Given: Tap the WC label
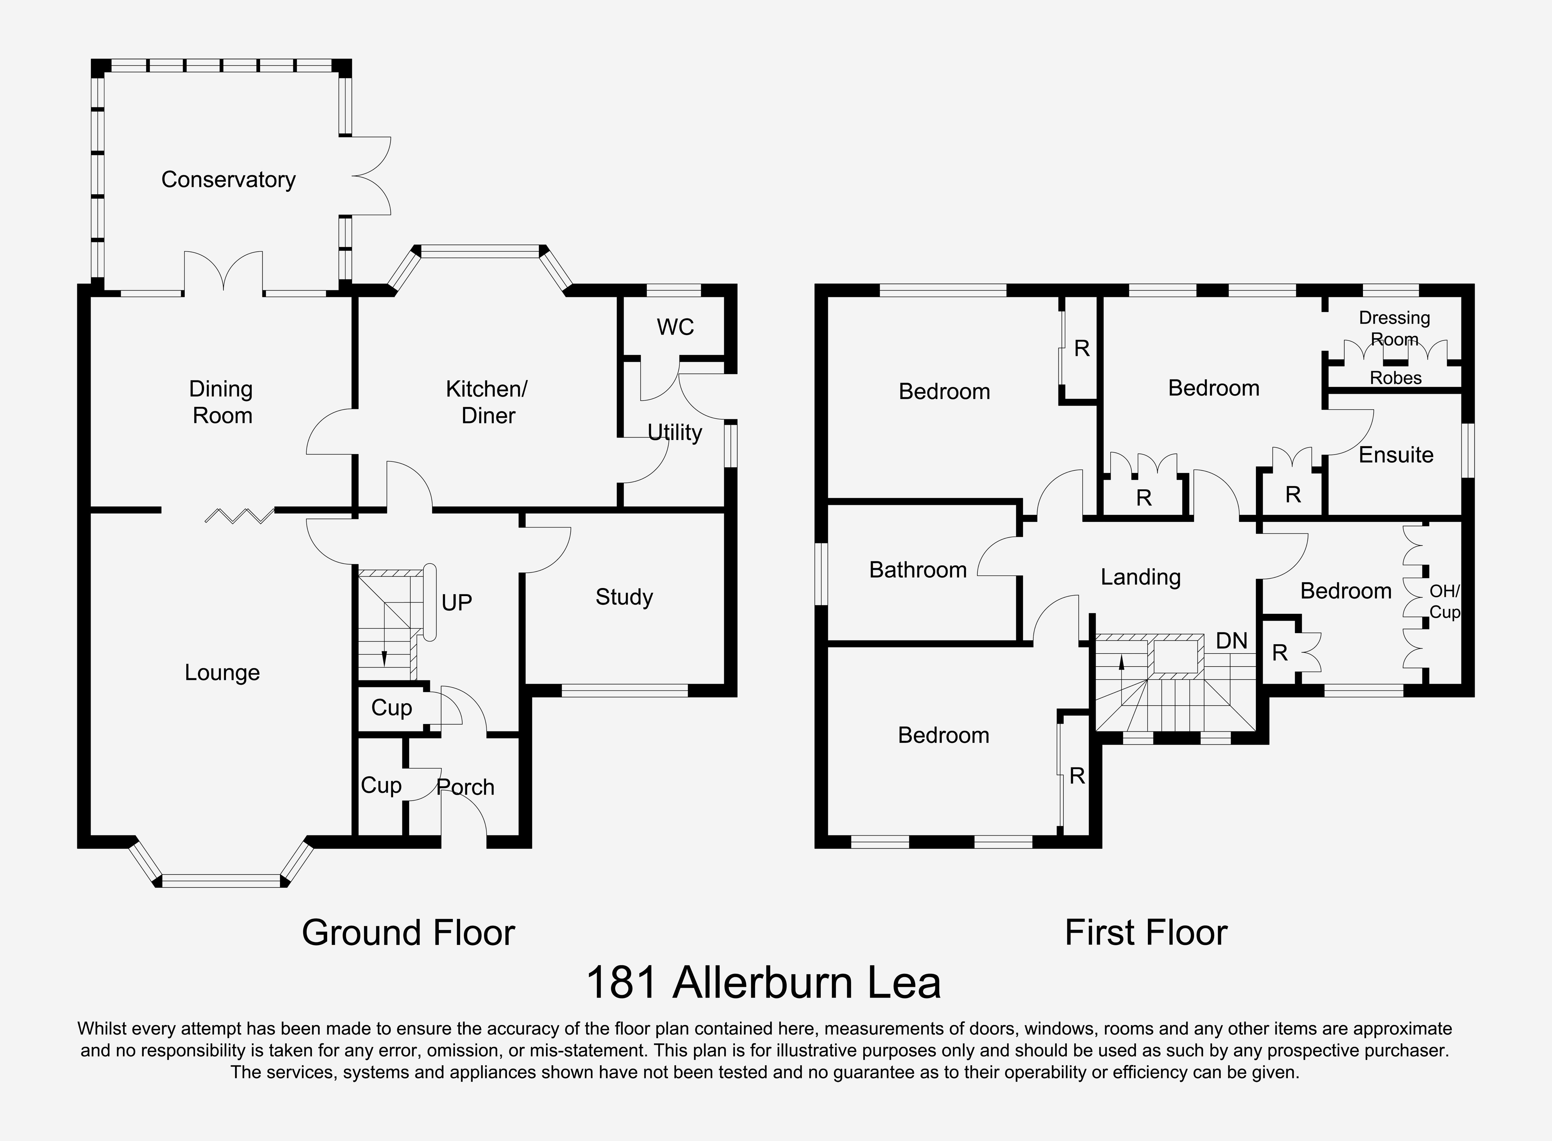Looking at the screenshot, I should (x=675, y=327).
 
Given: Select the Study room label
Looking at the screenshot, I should (x=624, y=597).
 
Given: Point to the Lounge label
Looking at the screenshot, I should (x=222, y=673).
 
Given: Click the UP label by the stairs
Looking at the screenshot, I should (x=457, y=602).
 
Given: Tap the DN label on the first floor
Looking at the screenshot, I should (x=1232, y=641).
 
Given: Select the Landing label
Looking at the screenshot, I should (x=1140, y=577).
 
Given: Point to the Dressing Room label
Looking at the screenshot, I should (x=1394, y=328).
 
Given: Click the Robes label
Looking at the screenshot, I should (x=1395, y=378).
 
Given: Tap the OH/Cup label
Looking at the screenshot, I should (x=1444, y=601).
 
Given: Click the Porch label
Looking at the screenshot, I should (x=466, y=787).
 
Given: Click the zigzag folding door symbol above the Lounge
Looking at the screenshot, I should (x=239, y=515).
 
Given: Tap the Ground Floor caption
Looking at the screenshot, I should (x=408, y=933).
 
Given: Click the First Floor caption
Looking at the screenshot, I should (x=1146, y=933).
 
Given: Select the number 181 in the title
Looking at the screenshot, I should (x=621, y=984).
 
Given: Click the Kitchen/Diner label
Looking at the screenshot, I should (x=487, y=402).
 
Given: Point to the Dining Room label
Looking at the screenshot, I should (x=221, y=402).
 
